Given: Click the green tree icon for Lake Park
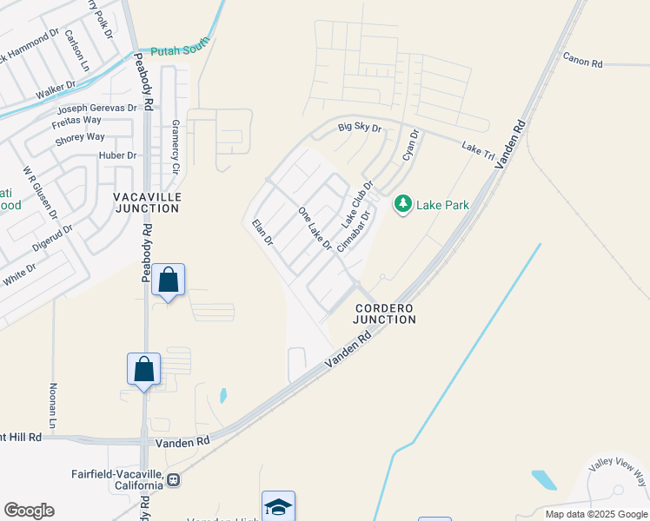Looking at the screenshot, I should [402, 204].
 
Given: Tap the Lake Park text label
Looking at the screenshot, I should [443, 205].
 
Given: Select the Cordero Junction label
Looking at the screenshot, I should [384, 313].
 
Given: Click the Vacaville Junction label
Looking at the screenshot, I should [148, 202].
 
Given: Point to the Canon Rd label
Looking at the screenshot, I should [582, 59].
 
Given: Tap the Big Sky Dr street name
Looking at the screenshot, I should [360, 128].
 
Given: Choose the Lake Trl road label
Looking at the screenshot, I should [478, 151].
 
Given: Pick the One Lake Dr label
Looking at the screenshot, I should [315, 228].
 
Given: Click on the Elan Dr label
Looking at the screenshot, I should [262, 233].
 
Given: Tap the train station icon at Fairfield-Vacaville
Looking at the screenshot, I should [174, 479].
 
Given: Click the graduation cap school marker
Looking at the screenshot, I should [278, 506].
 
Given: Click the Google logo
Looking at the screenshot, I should [29, 511].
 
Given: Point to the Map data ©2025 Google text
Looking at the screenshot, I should [595, 514].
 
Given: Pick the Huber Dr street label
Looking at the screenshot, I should [120, 155].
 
